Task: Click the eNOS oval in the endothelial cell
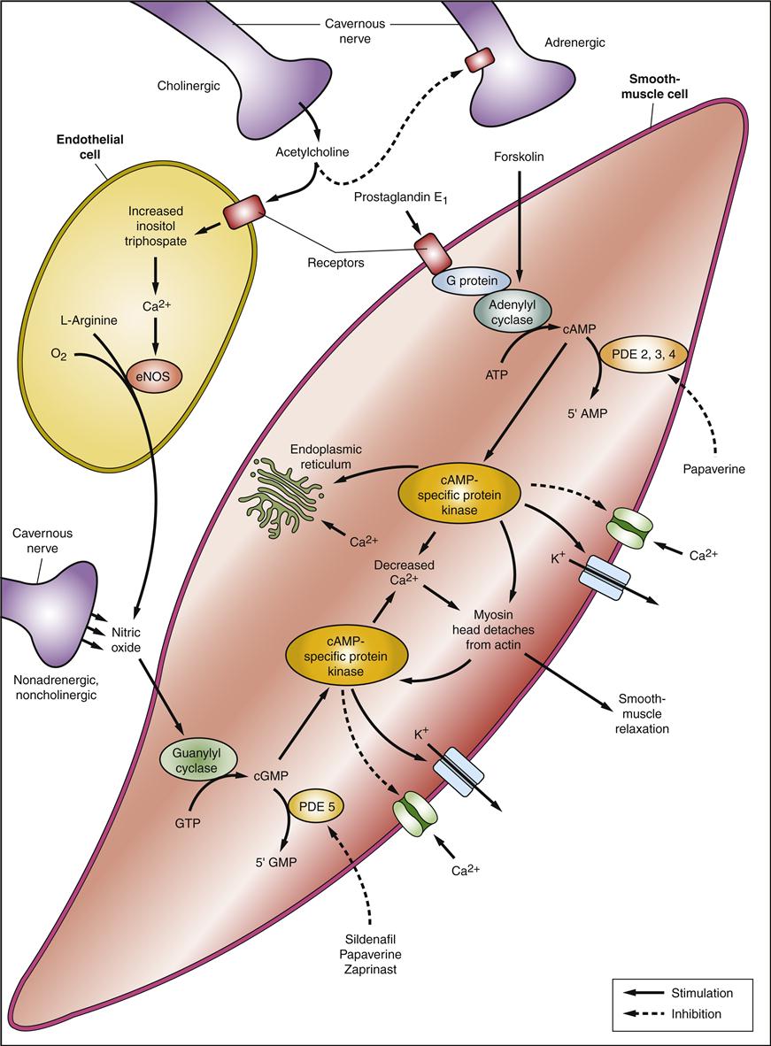tap(153, 375)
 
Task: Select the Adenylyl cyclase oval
tap(513, 311)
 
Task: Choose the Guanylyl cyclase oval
tap(189, 761)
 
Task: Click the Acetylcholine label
tap(311, 151)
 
